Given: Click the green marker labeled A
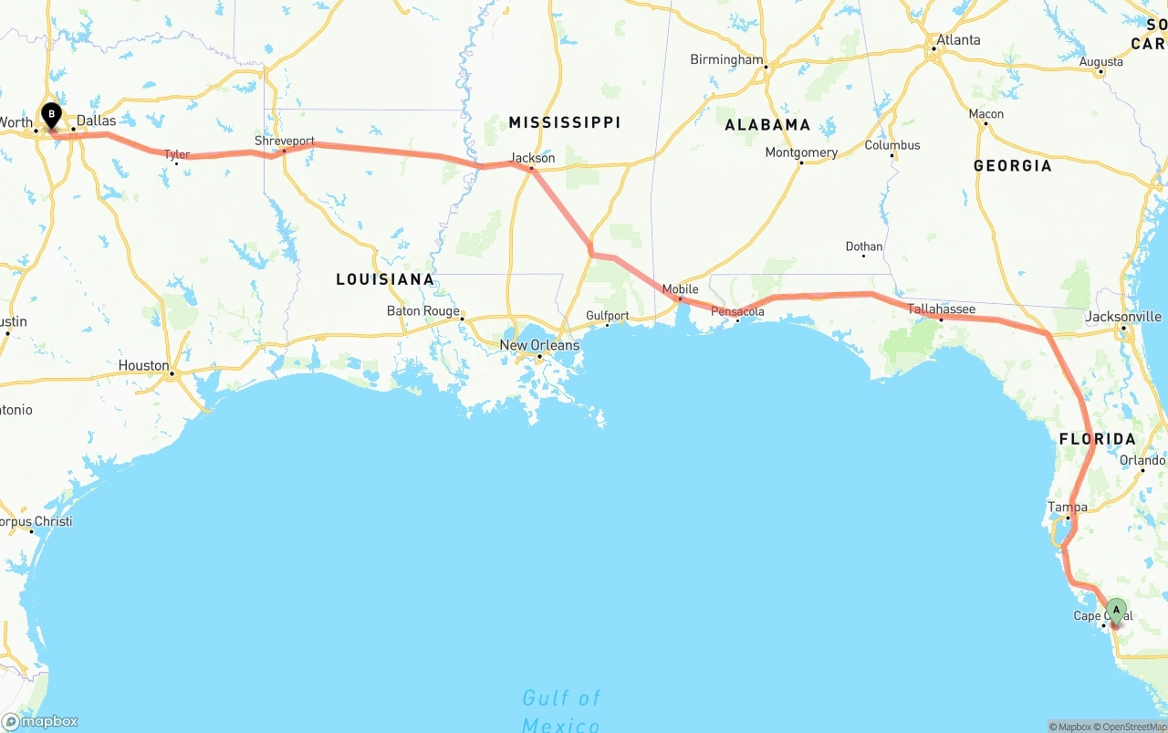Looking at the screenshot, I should point(1115,611).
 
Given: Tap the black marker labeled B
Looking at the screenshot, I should point(52,116).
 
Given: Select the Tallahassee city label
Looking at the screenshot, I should point(941,309).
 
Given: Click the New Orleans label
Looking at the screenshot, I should point(538,345).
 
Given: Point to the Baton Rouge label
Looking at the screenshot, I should point(422,310).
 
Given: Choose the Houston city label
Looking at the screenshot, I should point(143,365).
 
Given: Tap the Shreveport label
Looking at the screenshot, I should point(285,141).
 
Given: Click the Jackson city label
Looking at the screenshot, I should point(532,158).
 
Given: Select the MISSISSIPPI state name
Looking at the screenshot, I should point(564,122).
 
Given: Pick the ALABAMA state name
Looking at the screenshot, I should point(767,125).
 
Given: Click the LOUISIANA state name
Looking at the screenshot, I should point(384,279).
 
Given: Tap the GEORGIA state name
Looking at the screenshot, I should point(1012,166).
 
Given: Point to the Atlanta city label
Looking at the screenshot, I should point(958,40).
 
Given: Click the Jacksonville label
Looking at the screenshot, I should point(1123,317).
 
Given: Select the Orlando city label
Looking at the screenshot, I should point(1142,460).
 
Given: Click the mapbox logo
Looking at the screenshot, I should point(40,721).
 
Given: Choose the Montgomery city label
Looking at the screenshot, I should point(801,152).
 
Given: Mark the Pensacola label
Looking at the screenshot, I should point(737,312).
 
